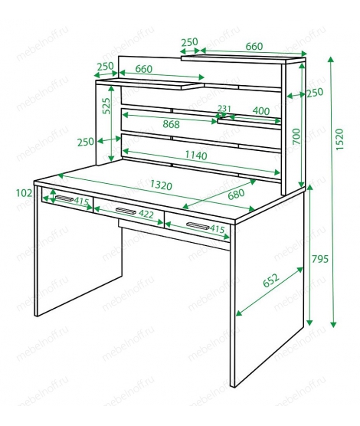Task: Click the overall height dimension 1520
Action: point(339,139)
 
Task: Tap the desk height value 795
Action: point(320,259)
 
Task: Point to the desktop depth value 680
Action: point(236,194)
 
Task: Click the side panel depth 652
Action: point(271,280)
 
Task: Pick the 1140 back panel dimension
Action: point(196,155)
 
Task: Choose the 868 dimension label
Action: point(171,124)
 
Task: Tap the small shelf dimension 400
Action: point(261,111)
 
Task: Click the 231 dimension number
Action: point(224,108)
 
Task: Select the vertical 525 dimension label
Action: point(106,106)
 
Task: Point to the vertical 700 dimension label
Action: point(296,136)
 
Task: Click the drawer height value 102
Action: point(25,193)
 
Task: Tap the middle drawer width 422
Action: point(146,215)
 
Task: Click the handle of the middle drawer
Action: point(126,211)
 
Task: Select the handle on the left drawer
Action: point(64,198)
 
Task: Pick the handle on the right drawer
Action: point(198,225)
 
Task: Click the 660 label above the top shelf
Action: point(254,47)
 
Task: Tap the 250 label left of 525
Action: point(86,142)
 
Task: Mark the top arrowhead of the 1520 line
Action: point(331,59)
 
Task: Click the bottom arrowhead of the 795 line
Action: point(309,323)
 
